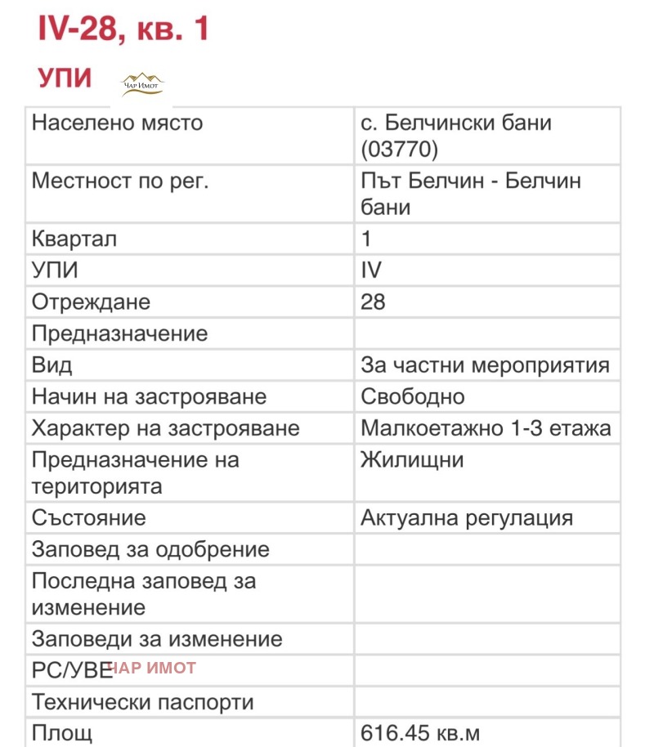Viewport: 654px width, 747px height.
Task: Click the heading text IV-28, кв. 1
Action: pos(123,29)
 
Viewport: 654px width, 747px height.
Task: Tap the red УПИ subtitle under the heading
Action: pos(65,78)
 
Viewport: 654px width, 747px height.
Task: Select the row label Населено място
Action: pos(117,123)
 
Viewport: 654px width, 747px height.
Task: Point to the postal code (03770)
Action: pos(400,150)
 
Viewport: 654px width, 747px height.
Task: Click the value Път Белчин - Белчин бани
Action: pos(470,194)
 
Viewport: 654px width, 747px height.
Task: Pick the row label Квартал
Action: pos(74,239)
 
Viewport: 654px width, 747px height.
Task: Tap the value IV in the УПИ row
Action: pos(371,271)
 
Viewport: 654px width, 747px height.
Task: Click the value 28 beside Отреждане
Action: pos(373,302)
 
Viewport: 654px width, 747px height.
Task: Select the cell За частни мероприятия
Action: pos(485,365)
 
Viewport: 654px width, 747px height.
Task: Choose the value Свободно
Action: pos(413,397)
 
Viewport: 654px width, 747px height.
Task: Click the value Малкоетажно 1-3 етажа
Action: pos(486,428)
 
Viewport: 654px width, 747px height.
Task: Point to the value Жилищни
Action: pos(412,460)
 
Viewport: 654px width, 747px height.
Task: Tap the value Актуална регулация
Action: pos(467,517)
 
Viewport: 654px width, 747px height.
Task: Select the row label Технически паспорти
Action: pos(143,701)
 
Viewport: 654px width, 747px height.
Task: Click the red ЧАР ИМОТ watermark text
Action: pos(154,668)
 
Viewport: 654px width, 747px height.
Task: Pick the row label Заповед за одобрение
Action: pos(150,549)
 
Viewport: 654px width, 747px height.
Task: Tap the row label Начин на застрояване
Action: pos(149,397)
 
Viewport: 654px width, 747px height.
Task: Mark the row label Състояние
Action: pos(89,517)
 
